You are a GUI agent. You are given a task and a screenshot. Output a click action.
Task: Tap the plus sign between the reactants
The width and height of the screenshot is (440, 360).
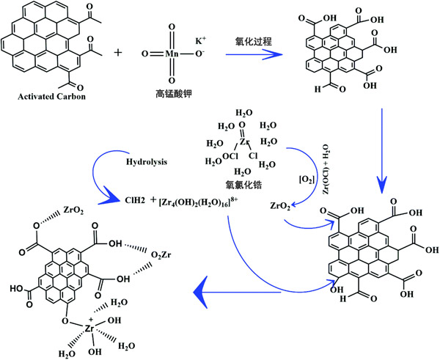[117, 54]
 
